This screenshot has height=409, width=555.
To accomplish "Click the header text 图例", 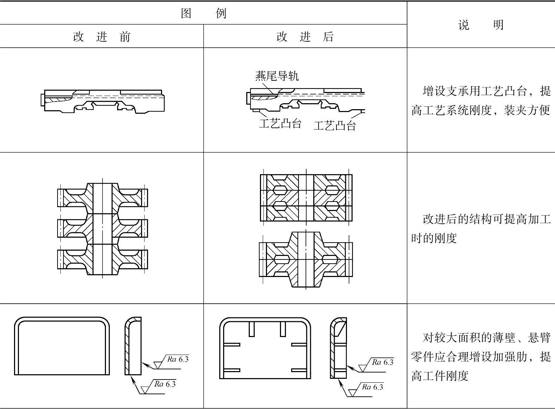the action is tap(204, 13).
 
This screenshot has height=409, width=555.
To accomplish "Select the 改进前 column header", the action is tap(102, 37).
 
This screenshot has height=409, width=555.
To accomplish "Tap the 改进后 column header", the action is tap(305, 37).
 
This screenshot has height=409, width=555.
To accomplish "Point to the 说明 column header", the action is tap(481, 25).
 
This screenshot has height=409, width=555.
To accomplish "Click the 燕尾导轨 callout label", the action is tap(277, 75).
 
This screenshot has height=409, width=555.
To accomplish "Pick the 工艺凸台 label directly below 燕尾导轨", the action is tap(280, 123).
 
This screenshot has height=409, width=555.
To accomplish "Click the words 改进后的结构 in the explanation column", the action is tap(457, 219).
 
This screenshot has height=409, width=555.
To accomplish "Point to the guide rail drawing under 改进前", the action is tap(102, 101).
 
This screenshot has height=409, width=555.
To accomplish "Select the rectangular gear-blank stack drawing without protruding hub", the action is tap(306, 198).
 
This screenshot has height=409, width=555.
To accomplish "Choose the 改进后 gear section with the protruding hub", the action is tap(306, 259).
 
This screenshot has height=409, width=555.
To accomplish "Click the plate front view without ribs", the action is tap(62, 346).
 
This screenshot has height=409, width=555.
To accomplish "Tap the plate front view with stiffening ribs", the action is tap(265, 348).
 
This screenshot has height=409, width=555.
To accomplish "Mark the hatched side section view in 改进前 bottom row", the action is tap(133, 346).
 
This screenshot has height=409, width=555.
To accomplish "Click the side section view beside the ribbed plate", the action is tap(339, 348).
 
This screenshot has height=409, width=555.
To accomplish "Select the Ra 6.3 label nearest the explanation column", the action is tap(382, 362).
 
